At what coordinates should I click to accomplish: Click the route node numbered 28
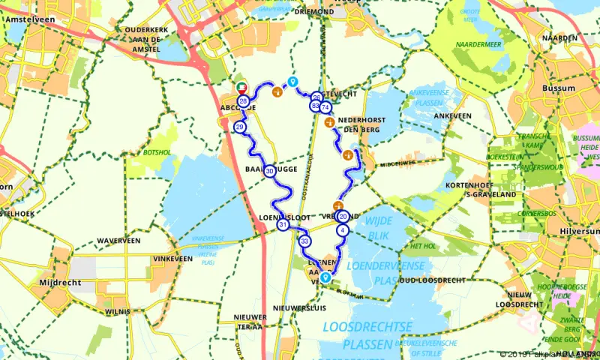(243, 101)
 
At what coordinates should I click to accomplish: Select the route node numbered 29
(240, 127)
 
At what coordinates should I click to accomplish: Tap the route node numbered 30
(268, 171)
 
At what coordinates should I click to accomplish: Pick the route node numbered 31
(283, 225)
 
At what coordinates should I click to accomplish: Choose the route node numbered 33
(304, 241)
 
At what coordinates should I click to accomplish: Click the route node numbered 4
(343, 230)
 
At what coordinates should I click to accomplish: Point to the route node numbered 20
(343, 217)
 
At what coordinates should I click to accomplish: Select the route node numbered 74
(325, 107)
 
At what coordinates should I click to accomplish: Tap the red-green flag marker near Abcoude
(242, 86)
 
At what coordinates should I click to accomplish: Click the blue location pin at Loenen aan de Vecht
(325, 277)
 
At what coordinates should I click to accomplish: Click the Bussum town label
(559, 88)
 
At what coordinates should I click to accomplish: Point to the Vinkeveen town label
(162, 258)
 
